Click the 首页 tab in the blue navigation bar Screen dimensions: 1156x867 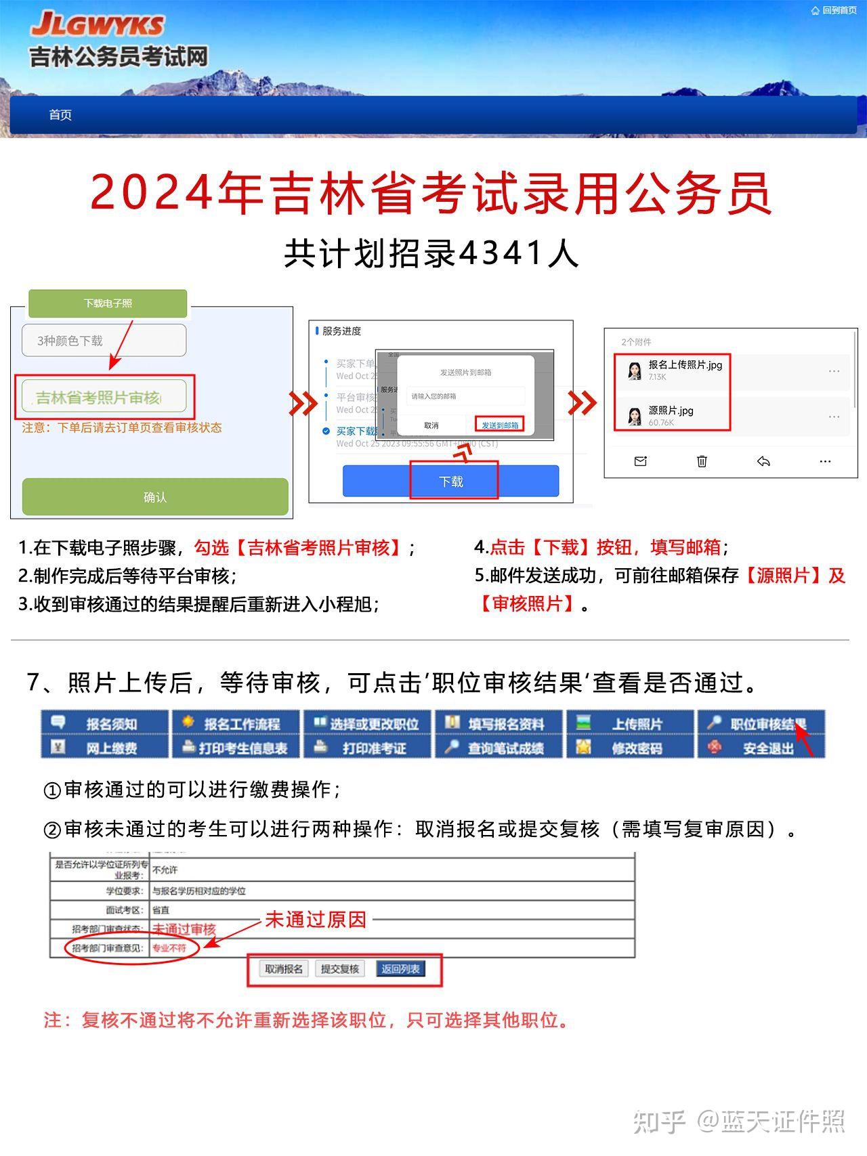60,115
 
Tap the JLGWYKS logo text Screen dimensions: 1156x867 98,25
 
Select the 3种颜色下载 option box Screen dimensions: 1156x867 104,340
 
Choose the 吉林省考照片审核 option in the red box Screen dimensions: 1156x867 104,398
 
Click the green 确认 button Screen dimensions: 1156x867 155,497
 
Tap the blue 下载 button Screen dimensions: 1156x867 451,481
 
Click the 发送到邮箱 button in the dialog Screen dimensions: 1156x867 500,425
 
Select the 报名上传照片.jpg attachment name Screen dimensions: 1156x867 685,364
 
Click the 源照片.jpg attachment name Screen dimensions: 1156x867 671,410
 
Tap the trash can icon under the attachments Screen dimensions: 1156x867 702,461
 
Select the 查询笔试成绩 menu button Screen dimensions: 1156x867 505,748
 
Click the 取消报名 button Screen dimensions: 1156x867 284,969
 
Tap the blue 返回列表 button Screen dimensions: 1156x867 400,969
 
